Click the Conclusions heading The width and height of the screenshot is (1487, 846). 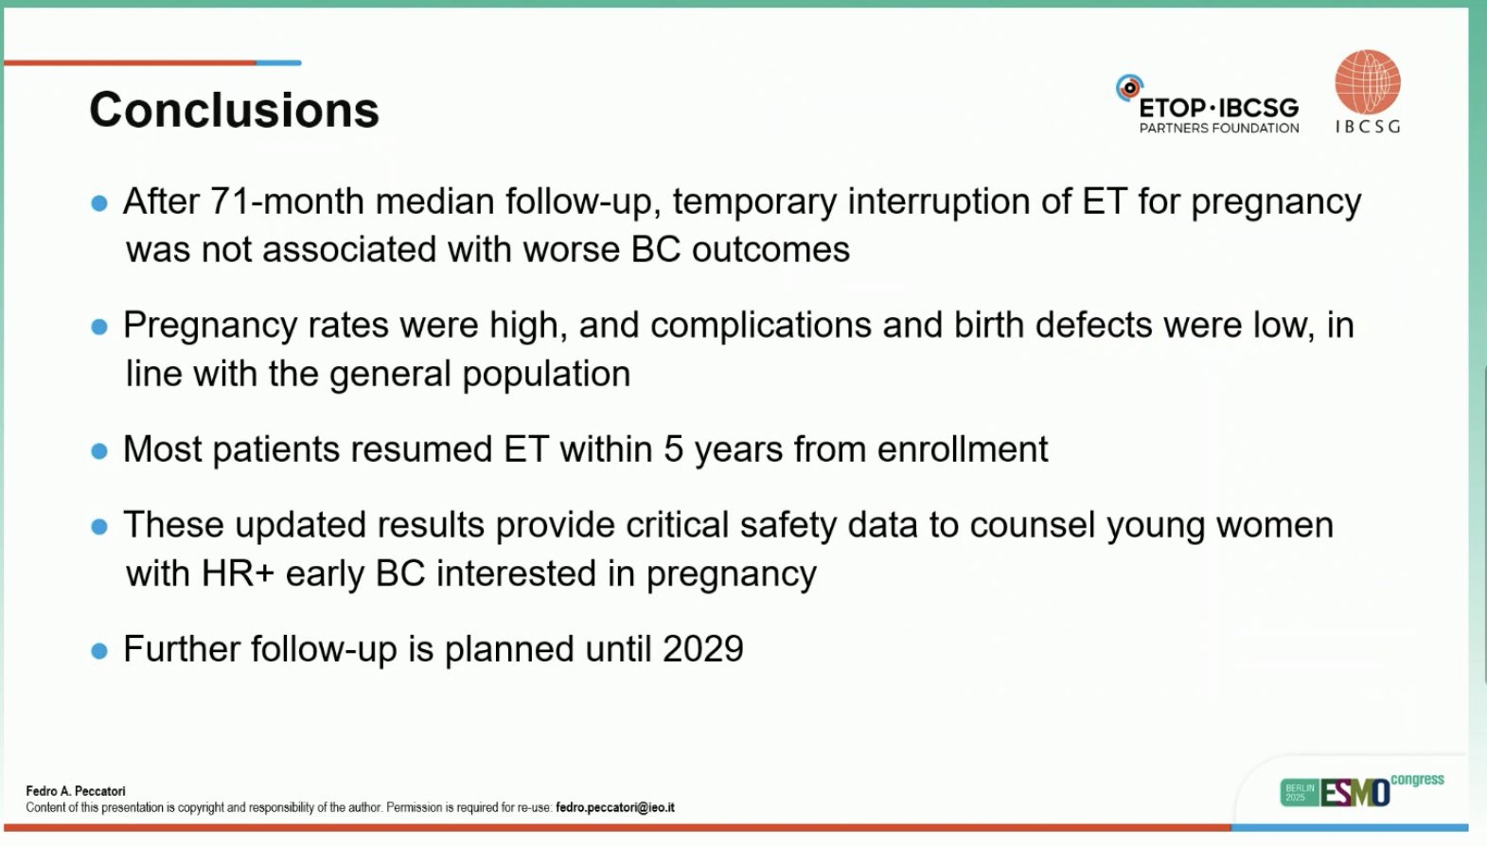click(x=235, y=110)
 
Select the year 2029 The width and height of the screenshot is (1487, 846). click(x=703, y=648)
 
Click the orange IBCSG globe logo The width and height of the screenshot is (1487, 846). click(x=1368, y=81)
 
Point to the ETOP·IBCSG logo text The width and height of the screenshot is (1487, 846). click(x=1219, y=108)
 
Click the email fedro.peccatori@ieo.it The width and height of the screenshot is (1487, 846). click(x=614, y=807)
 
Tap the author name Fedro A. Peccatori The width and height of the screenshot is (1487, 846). click(x=76, y=791)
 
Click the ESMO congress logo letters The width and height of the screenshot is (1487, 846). click(x=1354, y=792)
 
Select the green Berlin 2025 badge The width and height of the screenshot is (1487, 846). click(x=1300, y=792)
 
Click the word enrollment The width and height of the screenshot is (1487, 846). click(x=963, y=449)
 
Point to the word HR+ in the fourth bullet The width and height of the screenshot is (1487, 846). click(x=238, y=573)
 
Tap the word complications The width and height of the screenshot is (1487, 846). click(x=761, y=326)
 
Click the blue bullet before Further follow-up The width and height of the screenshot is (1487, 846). click(x=99, y=650)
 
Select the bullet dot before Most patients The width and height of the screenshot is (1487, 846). click(x=99, y=451)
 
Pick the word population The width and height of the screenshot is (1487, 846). click(x=546, y=374)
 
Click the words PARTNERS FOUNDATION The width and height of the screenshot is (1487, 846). click(x=1219, y=128)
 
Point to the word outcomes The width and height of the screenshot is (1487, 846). click(x=770, y=250)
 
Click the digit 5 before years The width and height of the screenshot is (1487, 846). click(x=673, y=449)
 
